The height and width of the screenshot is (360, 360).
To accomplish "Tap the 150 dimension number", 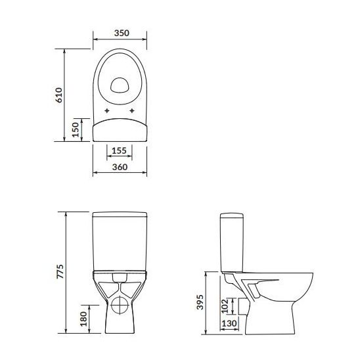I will [x=76, y=128].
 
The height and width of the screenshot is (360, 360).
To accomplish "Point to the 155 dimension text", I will [x=119, y=150].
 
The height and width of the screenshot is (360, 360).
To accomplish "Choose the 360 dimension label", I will [x=119, y=168].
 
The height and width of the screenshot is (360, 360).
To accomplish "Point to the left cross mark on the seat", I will [x=105, y=110].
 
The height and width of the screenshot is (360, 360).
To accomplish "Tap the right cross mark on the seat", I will [x=133, y=110].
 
